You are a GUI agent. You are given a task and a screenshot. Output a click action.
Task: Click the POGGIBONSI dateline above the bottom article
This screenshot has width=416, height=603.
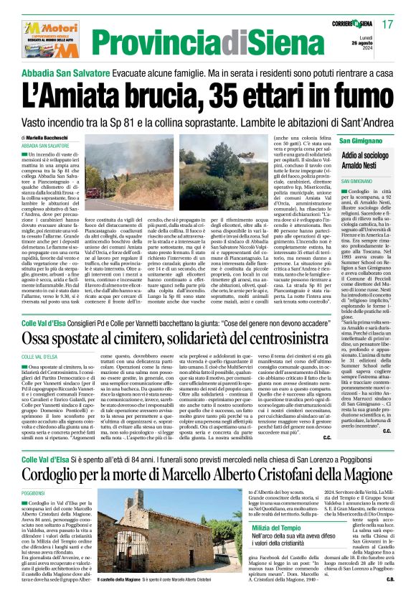point(34,495)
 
